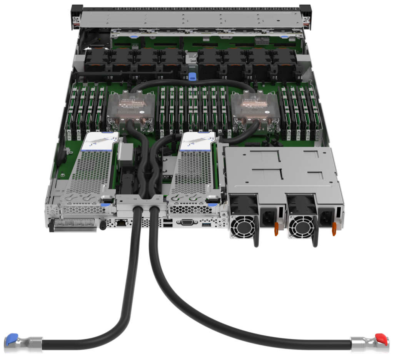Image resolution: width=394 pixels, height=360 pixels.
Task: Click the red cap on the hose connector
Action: coord(381,338)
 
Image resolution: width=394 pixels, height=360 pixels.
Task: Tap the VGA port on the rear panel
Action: coord(187,222)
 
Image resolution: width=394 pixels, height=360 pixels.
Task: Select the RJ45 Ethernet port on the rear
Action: coord(122,222)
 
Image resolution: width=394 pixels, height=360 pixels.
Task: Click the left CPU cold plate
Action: coord(131,106)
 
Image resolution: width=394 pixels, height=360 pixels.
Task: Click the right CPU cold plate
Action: coord(255,106)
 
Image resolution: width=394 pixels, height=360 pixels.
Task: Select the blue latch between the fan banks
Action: coord(193,75)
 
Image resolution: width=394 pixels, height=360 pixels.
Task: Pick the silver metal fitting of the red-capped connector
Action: coord(362,343)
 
